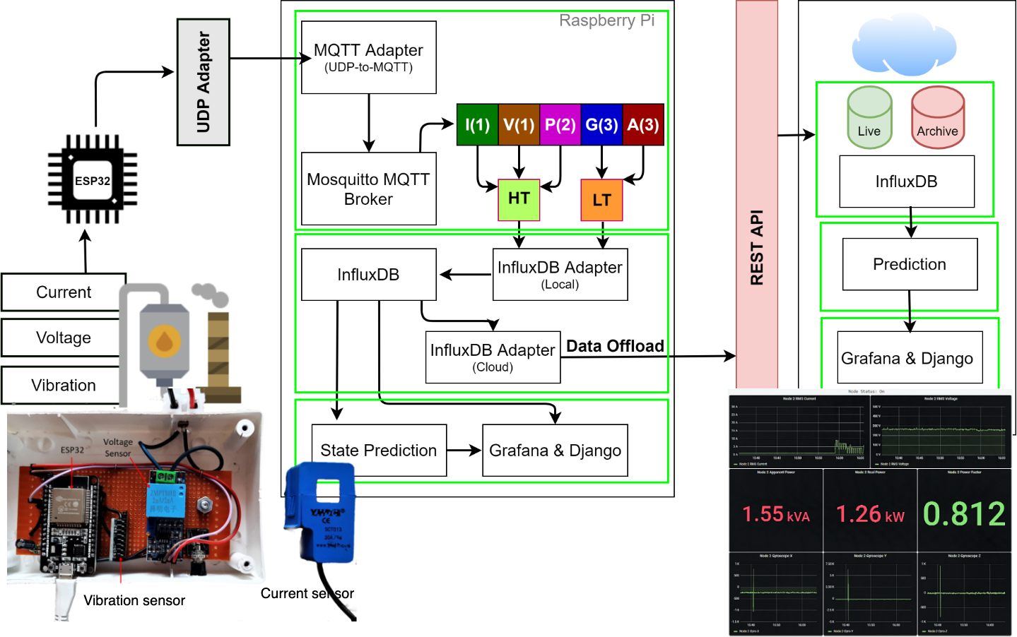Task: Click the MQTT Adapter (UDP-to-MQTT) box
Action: point(368,57)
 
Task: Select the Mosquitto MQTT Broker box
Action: point(368,189)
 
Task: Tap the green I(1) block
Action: point(477,125)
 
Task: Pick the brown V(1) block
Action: point(519,125)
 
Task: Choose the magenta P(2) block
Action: point(560,125)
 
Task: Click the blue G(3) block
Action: point(601,125)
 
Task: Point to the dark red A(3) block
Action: point(643,125)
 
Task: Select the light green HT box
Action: point(519,199)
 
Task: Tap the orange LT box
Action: point(601,200)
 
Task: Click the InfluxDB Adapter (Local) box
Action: point(560,274)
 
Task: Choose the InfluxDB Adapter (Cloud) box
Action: point(493,357)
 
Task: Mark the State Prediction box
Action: point(379,450)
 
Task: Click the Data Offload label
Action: point(615,346)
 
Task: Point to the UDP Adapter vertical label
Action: point(204,82)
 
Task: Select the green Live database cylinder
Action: point(869,118)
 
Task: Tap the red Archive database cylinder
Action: point(938,118)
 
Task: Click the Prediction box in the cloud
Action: point(910,264)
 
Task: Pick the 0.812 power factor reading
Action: point(964,513)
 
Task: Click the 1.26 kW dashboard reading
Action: point(870,514)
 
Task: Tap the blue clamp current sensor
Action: point(320,513)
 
